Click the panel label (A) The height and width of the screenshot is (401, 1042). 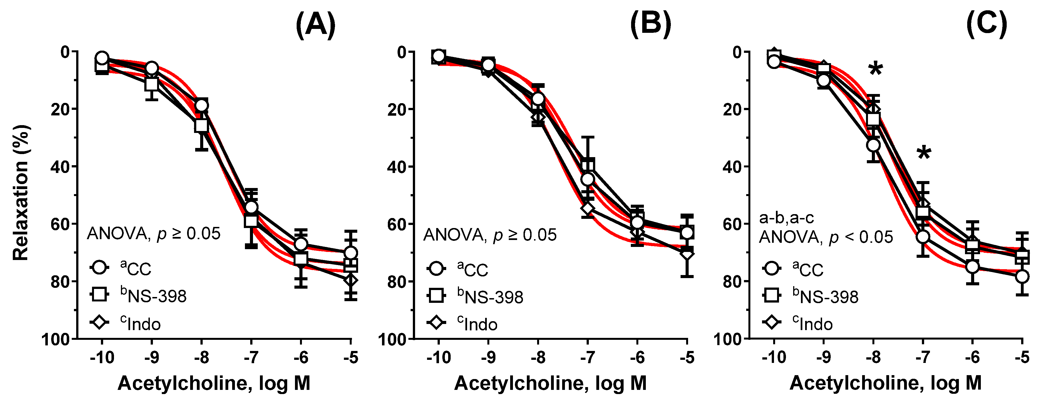(316, 24)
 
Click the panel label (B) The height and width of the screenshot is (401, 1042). (651, 24)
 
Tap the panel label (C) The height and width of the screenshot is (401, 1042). (987, 24)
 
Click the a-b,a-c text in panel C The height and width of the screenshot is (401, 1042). (786, 218)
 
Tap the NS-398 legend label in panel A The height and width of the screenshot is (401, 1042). (154, 296)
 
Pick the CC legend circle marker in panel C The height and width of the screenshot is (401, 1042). (772, 268)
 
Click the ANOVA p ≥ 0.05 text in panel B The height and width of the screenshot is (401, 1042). (490, 235)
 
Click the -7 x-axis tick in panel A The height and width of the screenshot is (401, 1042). (251, 358)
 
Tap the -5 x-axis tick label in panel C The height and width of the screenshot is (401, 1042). (1022, 358)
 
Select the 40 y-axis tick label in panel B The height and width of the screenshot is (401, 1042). (397, 167)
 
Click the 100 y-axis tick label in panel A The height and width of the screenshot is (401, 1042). (56, 339)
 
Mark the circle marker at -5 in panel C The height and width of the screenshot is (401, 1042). (1022, 277)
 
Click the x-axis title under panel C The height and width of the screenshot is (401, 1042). (885, 383)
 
